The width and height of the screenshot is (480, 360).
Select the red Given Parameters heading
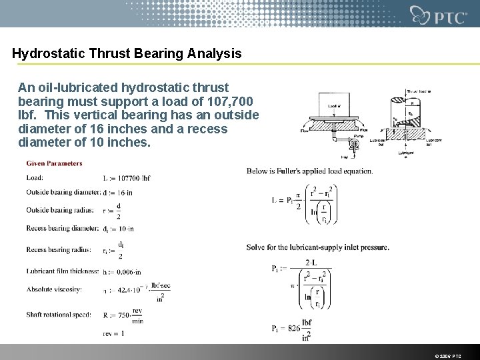[x=55, y=163]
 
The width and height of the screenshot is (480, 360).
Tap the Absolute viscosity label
[x=53, y=289]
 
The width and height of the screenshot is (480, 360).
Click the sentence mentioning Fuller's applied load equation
[x=309, y=171]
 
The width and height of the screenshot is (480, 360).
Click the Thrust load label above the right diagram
[x=419, y=91]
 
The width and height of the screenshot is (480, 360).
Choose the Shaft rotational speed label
[x=59, y=315]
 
